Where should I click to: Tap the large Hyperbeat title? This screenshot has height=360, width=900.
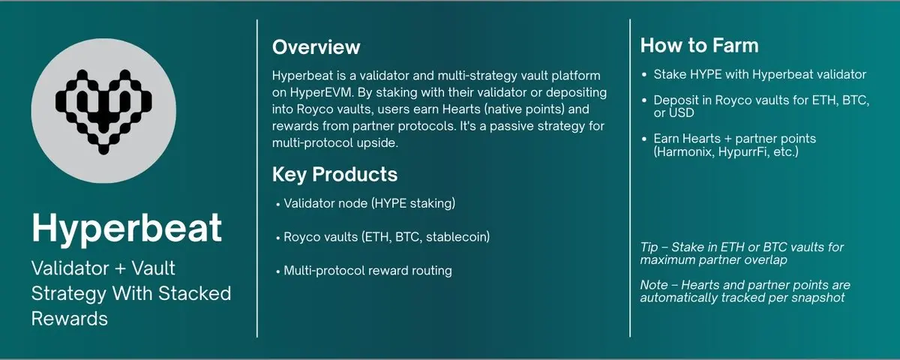point(126,228)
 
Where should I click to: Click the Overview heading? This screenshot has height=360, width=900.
point(316,47)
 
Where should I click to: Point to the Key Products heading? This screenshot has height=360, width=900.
point(334,174)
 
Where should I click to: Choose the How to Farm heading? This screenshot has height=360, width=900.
point(699,46)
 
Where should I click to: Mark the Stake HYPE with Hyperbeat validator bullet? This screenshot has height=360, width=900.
point(760,75)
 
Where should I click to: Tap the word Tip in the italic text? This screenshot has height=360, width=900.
point(650,247)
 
